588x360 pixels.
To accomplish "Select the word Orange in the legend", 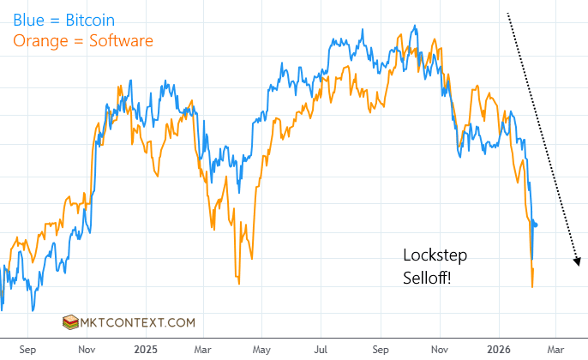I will click(38, 40).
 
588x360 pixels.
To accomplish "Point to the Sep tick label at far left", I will click(27, 350).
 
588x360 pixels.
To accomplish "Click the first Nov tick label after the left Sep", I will click(87, 350).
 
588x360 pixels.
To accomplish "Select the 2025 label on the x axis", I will click(146, 350).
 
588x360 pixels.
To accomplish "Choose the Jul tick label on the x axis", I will click(322, 350).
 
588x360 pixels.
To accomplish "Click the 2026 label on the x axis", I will click(499, 350).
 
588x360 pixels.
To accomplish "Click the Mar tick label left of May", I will click(204, 350).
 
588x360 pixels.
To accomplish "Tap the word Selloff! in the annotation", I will click(432, 276).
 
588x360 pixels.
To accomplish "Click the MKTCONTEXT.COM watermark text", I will click(137, 323).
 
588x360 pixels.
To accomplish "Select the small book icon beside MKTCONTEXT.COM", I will click(69, 323).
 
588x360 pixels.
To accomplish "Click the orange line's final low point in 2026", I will click(532, 286).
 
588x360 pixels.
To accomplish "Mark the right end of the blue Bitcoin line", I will click(537, 225).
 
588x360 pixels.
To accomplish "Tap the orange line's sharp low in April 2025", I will click(238, 283).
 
